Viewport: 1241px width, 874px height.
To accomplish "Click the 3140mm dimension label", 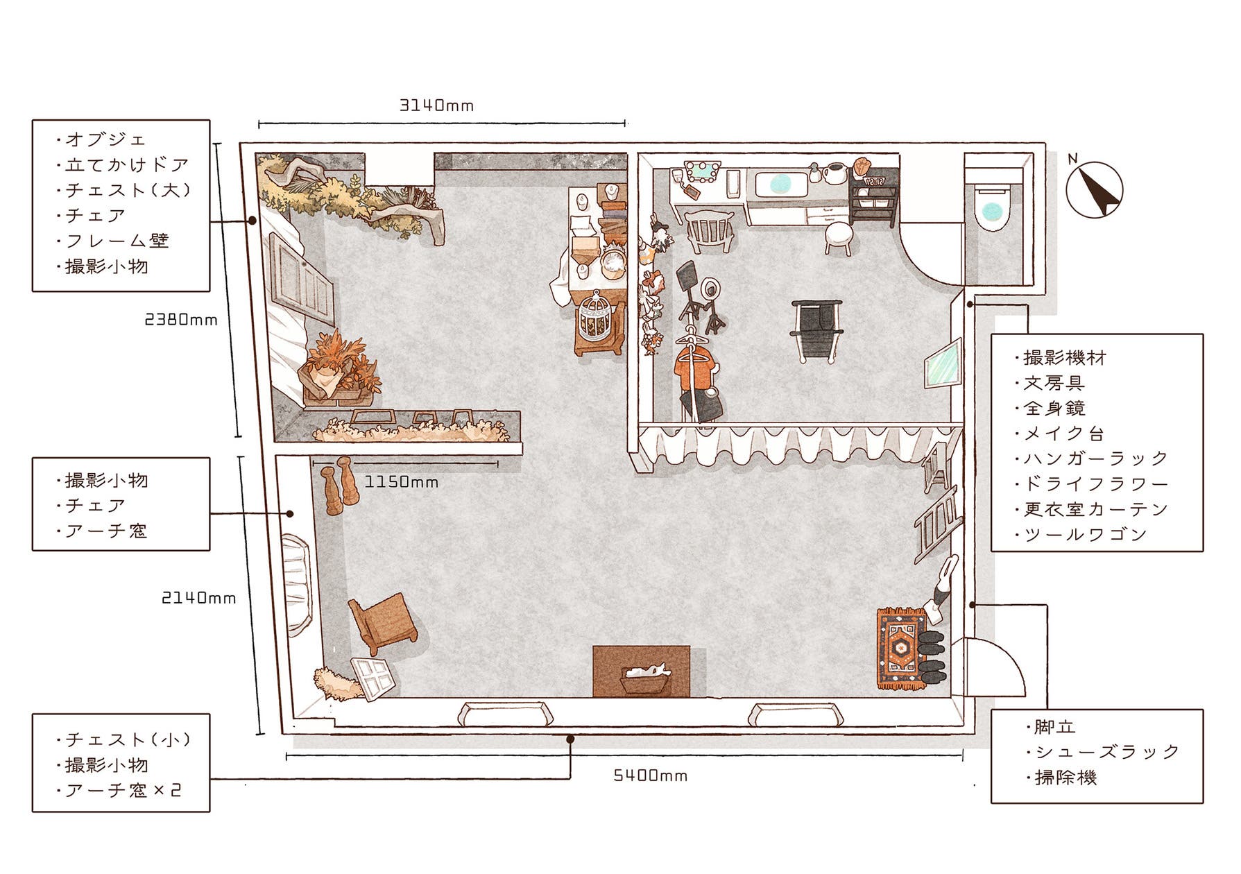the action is (437, 105).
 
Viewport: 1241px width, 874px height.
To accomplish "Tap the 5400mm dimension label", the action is (651, 775).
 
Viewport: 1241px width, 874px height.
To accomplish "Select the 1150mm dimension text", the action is (402, 481).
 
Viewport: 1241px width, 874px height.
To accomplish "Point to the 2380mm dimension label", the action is (181, 320).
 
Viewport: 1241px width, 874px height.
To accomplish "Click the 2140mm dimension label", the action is (199, 597).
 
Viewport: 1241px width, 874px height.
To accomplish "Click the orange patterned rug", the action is (900, 649).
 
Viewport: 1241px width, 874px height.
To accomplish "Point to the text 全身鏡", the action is (1054, 408).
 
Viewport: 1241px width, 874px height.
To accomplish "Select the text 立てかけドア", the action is (127, 164).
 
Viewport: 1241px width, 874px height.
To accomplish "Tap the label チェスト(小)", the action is (127, 739).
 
